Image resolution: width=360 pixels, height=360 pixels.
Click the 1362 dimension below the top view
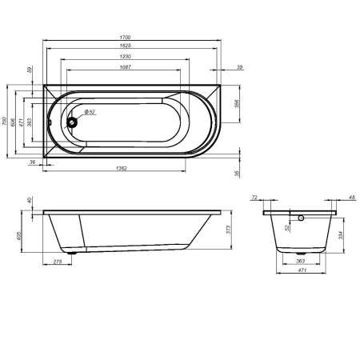click(122, 168)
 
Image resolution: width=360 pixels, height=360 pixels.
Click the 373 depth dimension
click(230, 230)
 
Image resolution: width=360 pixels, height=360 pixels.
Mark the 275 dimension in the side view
click(57, 262)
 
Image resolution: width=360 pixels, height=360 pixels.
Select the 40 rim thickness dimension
click(30, 200)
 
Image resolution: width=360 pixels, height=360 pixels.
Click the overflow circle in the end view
click(299, 217)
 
